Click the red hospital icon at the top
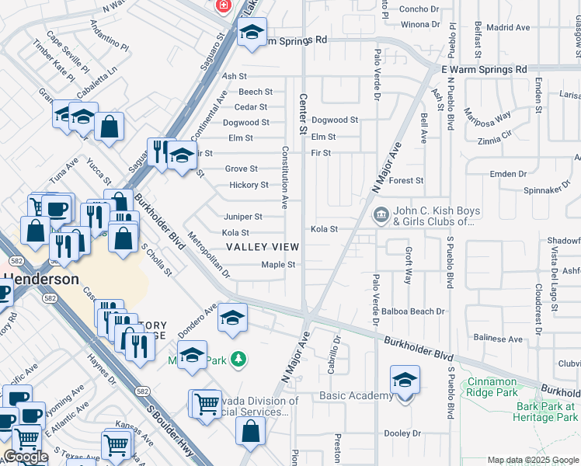[224, 5]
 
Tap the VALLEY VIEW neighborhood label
[262, 247]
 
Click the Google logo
[26, 457]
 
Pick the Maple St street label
[278, 265]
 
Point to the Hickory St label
[249, 185]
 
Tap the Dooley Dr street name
[402, 433]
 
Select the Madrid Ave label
[508, 28]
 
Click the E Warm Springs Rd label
[484, 69]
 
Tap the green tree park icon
[241, 358]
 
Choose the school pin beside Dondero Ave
[231, 318]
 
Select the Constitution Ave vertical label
[285, 178]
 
